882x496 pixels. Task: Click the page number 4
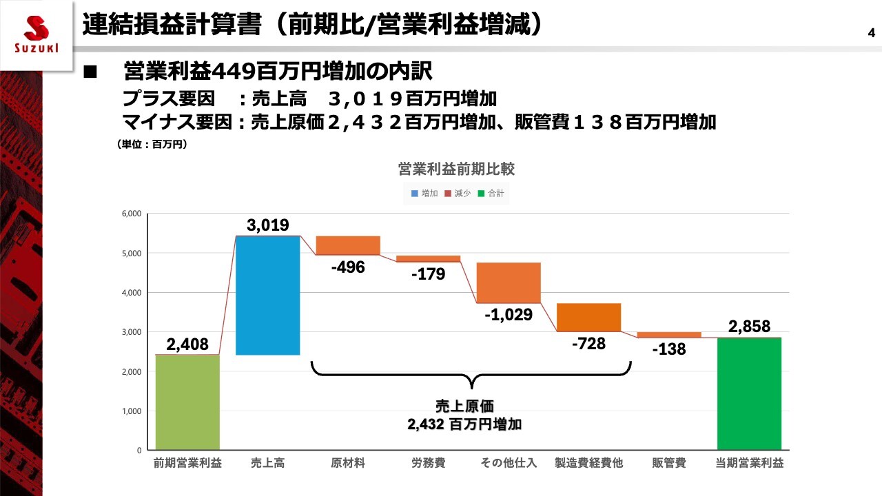tap(871, 32)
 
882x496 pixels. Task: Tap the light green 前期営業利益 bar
tap(187, 402)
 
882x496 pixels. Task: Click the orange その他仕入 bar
tap(509, 282)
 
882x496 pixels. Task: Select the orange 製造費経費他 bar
tap(588, 318)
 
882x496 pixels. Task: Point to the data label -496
tap(348, 267)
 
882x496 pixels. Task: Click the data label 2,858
tap(749, 327)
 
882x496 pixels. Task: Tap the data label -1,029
tap(509, 315)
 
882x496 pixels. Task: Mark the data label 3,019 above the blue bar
tap(267, 225)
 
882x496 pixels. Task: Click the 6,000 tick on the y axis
tap(130, 214)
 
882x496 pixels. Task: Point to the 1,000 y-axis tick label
tap(130, 411)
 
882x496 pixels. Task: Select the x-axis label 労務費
tap(428, 463)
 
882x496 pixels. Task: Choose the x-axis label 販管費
tap(668, 463)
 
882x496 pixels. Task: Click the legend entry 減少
tap(458, 194)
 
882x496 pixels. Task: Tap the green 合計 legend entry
tap(492, 194)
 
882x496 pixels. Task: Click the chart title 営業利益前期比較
tap(456, 169)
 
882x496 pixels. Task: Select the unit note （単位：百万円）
tap(152, 145)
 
